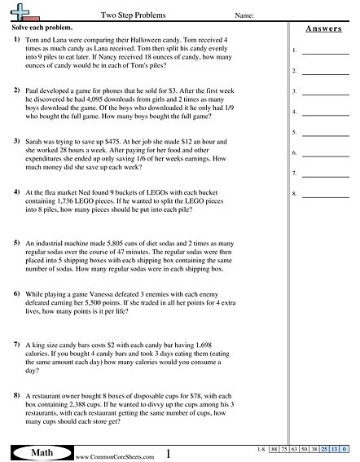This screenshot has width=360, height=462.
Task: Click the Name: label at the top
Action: pyautogui.click(x=244, y=15)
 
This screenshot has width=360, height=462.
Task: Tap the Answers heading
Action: pyautogui.click(x=323, y=29)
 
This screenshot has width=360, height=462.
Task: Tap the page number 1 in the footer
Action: pyautogui.click(x=168, y=451)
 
